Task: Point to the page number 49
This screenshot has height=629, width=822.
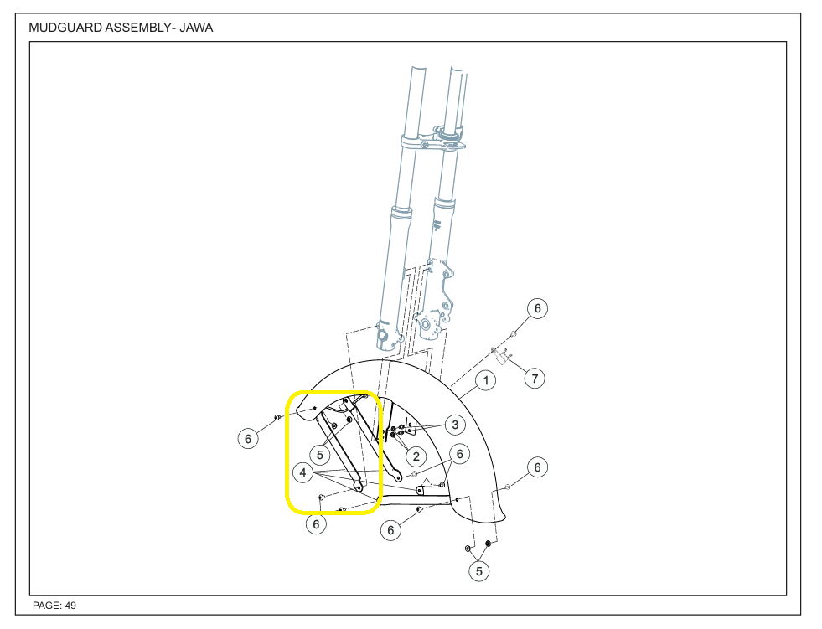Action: [x=71, y=605]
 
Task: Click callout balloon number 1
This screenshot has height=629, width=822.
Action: [x=484, y=381]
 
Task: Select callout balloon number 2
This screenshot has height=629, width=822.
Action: [x=415, y=456]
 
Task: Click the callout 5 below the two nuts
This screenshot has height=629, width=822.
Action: [x=479, y=571]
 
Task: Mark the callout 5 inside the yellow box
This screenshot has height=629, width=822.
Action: [x=319, y=454]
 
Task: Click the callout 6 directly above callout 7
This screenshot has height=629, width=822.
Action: [x=537, y=309]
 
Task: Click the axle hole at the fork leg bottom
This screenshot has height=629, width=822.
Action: [x=385, y=337]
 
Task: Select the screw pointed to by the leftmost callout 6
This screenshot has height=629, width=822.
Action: [x=276, y=417]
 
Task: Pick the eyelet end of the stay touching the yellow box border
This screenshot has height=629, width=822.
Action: [x=359, y=486]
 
